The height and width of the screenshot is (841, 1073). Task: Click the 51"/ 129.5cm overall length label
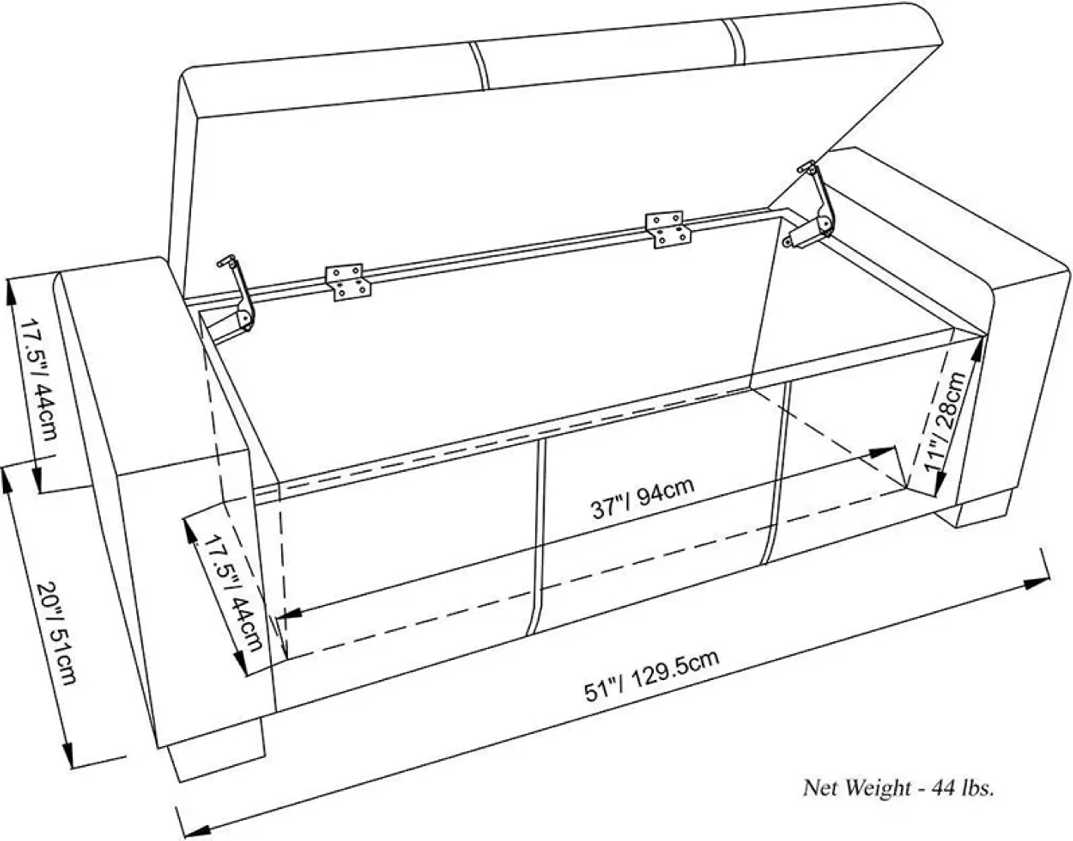651,677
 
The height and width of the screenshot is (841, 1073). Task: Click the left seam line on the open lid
478,66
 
